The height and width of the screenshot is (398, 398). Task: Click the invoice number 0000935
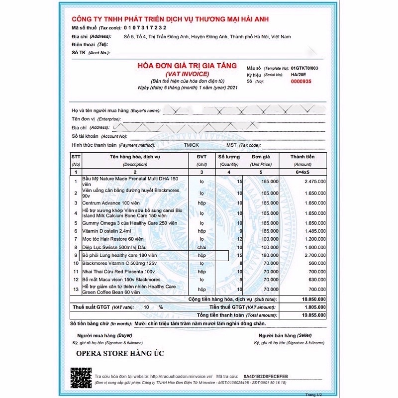(x=301, y=81)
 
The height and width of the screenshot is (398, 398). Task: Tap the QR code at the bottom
(x=82, y=378)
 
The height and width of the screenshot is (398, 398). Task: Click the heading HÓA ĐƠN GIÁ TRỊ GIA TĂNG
(x=188, y=65)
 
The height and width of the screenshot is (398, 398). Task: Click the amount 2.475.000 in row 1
(x=314, y=182)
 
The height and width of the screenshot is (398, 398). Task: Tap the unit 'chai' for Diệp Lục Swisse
(x=201, y=247)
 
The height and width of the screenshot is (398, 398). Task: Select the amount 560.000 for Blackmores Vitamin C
(x=317, y=263)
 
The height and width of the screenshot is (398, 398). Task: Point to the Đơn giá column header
(x=261, y=157)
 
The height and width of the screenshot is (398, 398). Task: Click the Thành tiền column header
(x=302, y=157)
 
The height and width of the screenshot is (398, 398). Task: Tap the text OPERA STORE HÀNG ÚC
(x=120, y=353)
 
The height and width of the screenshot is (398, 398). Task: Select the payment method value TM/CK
(x=191, y=145)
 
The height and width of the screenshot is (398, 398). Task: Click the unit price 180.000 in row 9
(x=270, y=255)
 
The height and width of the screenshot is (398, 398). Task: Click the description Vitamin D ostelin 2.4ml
(x=106, y=231)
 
